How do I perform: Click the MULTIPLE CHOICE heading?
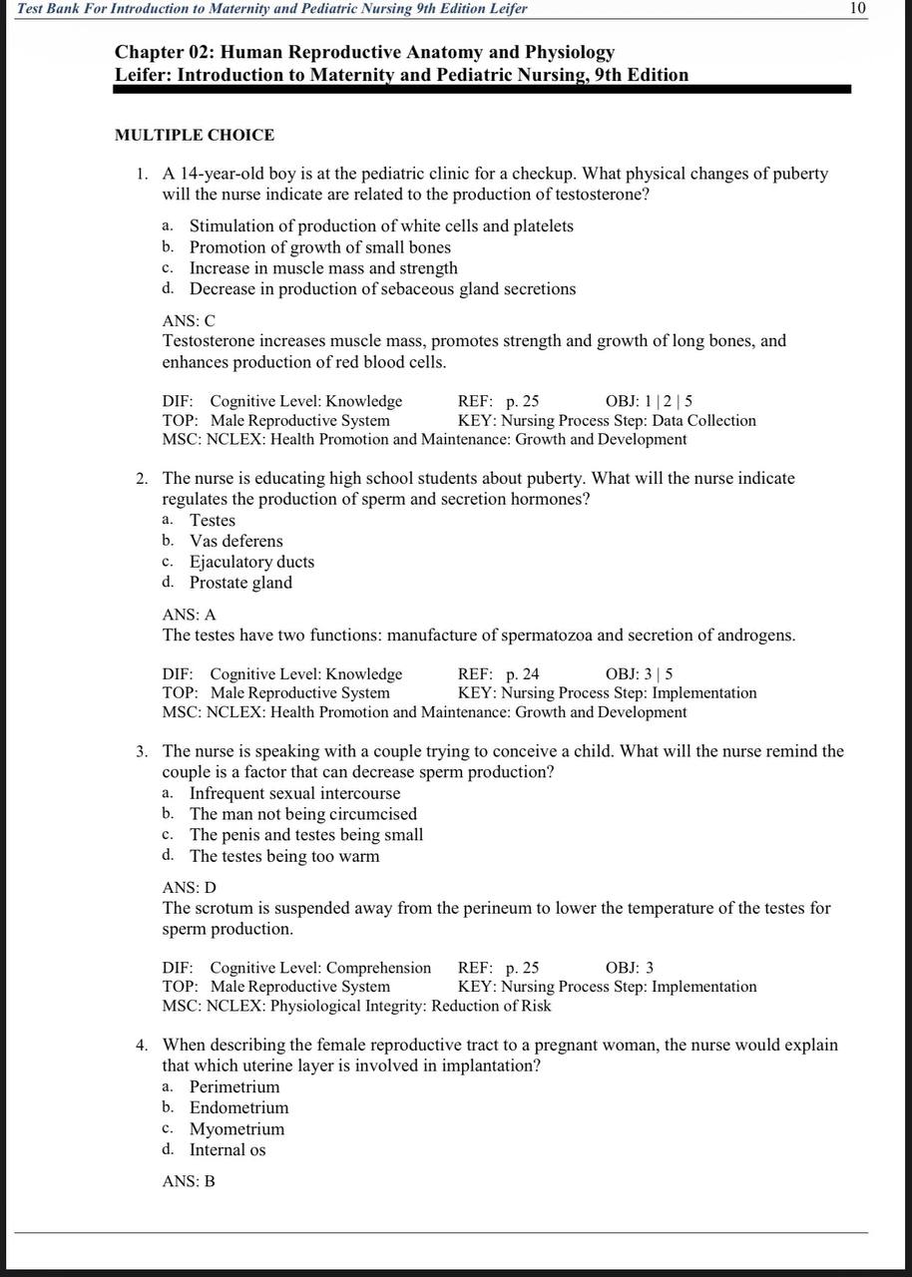point(195,135)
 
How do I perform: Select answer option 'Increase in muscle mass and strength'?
point(323,268)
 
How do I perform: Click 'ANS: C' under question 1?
point(189,321)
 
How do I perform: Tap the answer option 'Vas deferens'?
point(236,542)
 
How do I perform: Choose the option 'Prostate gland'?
point(240,583)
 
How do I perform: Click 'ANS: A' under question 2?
point(189,616)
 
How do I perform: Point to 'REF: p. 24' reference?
point(498,674)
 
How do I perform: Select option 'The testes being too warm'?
point(284,856)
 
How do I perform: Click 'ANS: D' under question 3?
point(189,888)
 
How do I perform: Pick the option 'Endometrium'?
point(238,1107)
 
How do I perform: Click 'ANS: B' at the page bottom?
point(189,1181)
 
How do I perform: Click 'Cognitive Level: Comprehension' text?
point(320,968)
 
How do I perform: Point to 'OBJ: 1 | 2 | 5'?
point(649,401)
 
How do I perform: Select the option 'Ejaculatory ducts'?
point(251,562)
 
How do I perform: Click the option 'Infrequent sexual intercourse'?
point(294,794)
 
